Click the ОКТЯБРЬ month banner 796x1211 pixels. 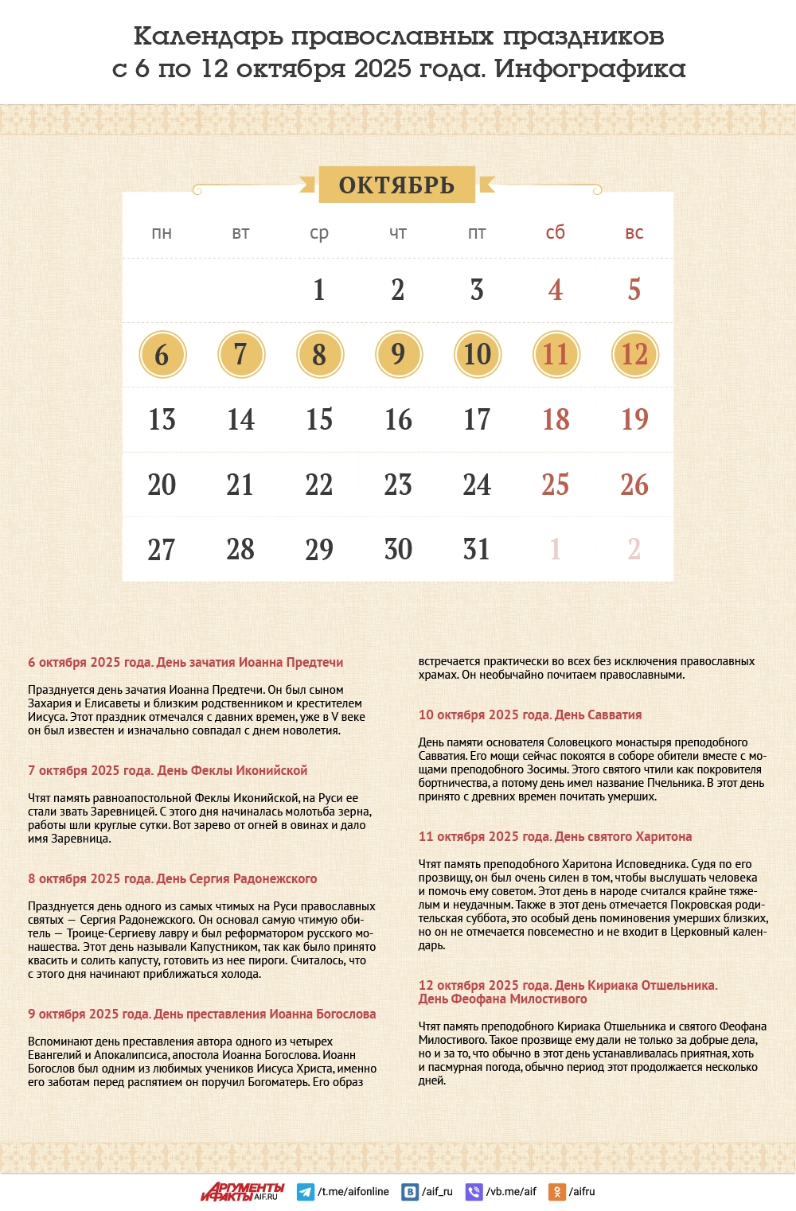[x=396, y=185]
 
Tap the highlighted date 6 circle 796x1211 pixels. [x=162, y=355]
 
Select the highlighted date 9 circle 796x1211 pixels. [x=398, y=355]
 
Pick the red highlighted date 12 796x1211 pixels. [x=634, y=355]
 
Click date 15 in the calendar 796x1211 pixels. [x=319, y=419]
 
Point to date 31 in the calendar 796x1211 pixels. [x=477, y=549]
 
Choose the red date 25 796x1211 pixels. [x=556, y=485]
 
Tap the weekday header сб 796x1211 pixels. [x=556, y=232]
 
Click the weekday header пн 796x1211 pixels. [x=162, y=233]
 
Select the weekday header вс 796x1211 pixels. [x=634, y=233]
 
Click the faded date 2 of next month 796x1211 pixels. [x=634, y=549]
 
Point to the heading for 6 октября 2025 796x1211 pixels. [x=185, y=662]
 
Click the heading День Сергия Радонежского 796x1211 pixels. [x=172, y=878]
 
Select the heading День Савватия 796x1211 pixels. [x=530, y=715]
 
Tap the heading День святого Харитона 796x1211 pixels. [x=555, y=836]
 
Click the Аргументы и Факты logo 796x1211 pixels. [x=242, y=1191]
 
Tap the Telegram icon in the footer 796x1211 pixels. [x=305, y=1192]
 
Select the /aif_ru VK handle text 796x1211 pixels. [x=437, y=1192]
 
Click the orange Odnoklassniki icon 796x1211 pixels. [x=557, y=1192]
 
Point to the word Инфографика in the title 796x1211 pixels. [x=590, y=69]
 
